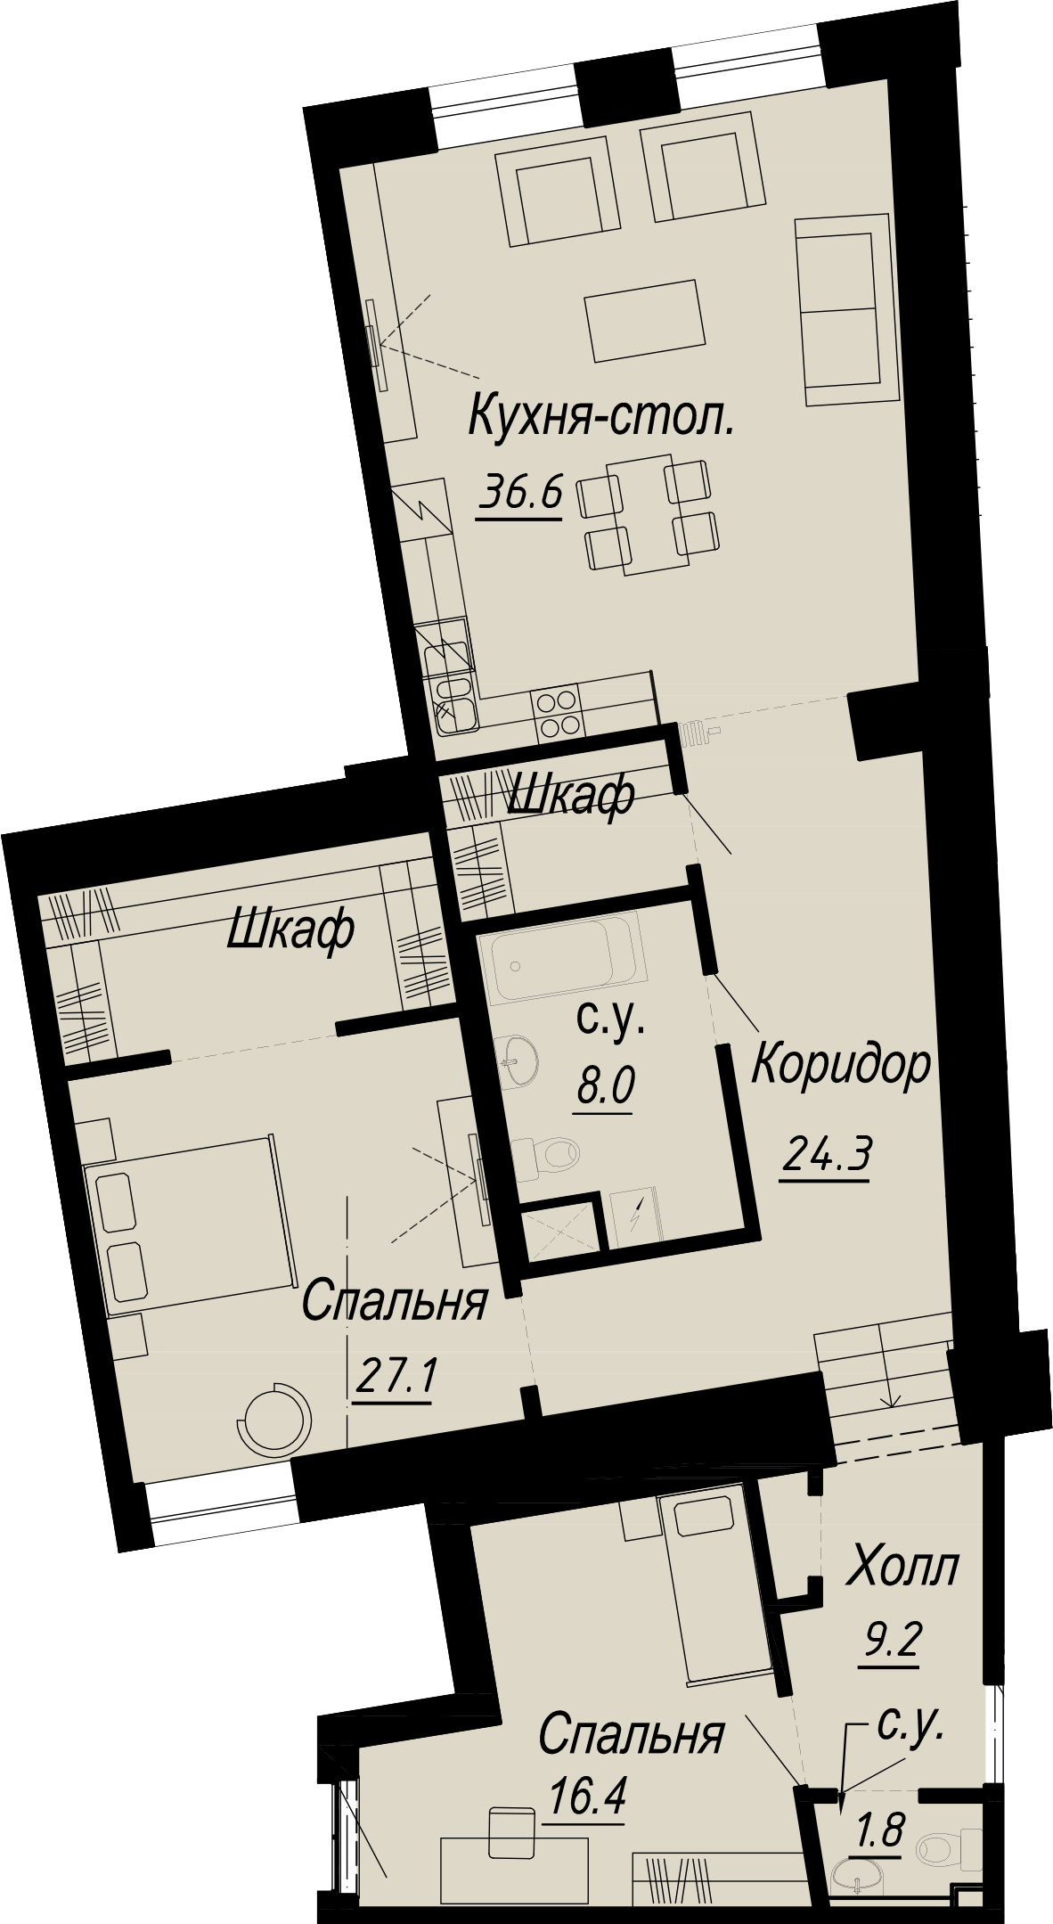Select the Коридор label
coord(842,1066)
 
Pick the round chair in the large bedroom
coord(276,1421)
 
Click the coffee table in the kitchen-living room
coord(645,320)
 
